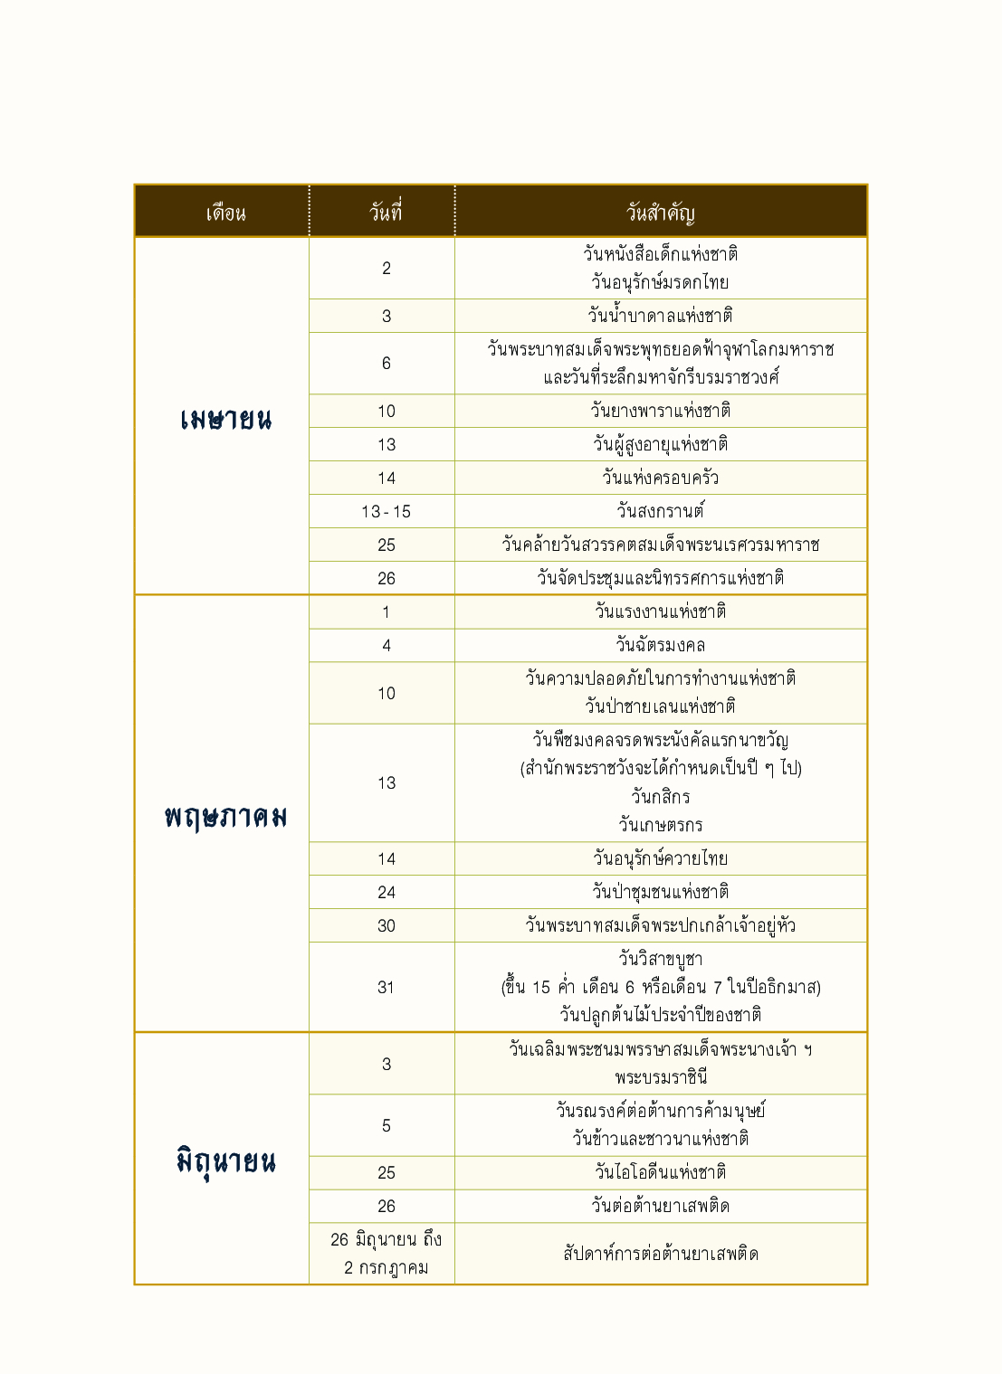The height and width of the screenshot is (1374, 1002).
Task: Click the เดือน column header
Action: click(225, 213)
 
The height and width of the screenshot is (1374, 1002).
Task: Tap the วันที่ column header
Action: click(386, 213)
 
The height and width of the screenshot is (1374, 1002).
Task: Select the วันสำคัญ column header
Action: click(661, 213)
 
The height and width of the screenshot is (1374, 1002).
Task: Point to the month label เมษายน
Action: click(225, 419)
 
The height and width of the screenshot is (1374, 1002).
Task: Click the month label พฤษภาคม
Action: click(225, 817)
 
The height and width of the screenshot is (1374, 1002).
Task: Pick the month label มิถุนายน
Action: click(225, 1161)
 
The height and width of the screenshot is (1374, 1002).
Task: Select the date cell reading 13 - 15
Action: click(386, 512)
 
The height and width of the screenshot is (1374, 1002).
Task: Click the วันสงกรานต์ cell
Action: click(661, 511)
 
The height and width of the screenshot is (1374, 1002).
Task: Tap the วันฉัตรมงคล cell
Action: click(661, 645)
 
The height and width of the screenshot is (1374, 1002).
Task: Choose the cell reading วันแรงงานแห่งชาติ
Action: click(661, 611)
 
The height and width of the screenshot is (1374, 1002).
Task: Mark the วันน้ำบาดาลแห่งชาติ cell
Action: click(661, 316)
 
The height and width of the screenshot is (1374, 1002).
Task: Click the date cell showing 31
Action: click(386, 987)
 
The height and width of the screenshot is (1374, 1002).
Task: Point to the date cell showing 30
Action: click(386, 925)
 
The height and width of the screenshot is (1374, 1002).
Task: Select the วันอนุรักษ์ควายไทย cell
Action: click(661, 858)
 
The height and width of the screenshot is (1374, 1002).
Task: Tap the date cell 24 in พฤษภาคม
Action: click(386, 892)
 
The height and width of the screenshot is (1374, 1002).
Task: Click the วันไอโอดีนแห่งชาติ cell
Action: click(661, 1172)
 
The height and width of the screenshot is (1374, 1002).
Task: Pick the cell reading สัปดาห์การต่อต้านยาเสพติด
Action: click(661, 1254)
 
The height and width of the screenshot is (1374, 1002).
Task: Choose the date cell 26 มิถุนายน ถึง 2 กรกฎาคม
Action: click(386, 1254)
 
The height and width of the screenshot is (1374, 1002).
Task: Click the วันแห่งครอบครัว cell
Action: click(661, 478)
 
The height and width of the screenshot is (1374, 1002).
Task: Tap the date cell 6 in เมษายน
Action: click(386, 363)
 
